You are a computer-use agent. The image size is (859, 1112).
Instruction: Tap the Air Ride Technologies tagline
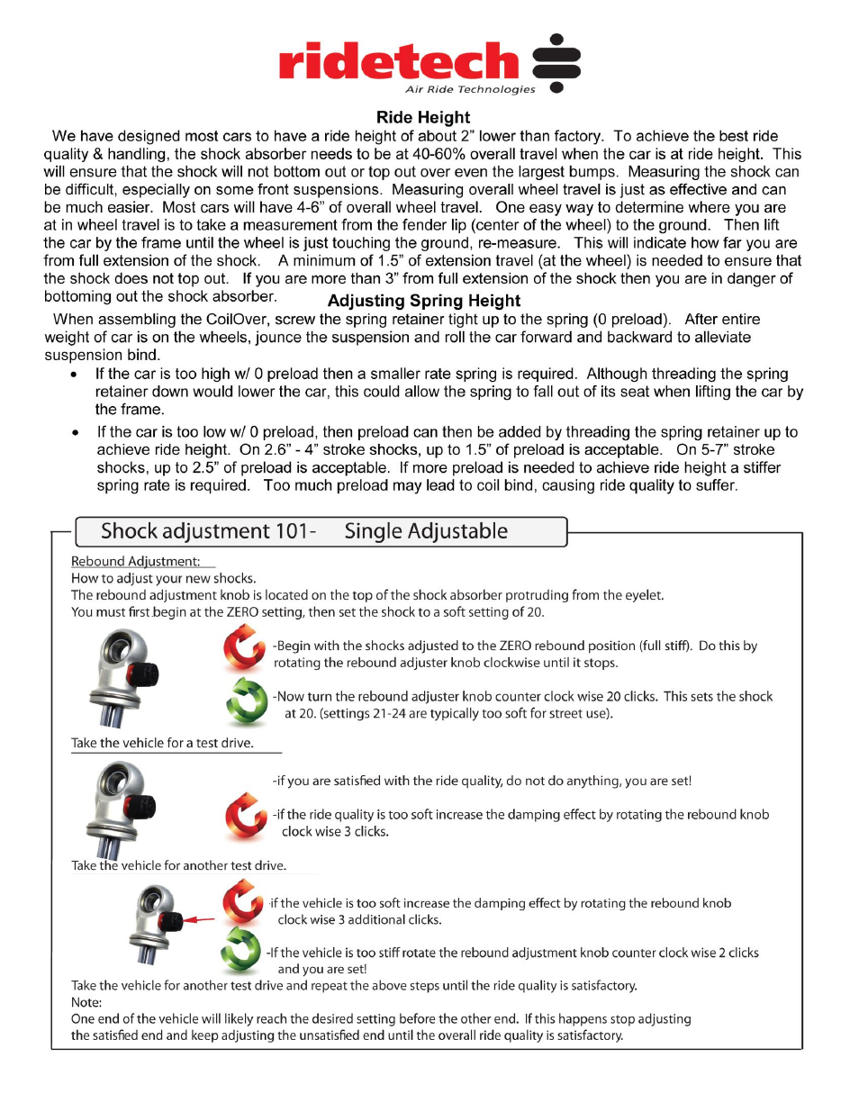click(469, 89)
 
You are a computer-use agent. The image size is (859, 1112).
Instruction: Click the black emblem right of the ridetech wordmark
click(556, 63)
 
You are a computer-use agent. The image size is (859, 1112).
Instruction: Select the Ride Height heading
click(423, 117)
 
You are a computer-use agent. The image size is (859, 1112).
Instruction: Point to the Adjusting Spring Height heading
click(423, 301)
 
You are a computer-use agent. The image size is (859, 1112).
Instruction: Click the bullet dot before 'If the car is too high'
click(75, 375)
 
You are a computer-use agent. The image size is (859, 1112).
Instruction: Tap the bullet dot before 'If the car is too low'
click(75, 433)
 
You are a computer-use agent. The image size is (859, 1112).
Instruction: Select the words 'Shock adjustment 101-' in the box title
click(208, 531)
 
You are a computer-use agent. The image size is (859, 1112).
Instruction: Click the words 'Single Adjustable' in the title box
click(426, 531)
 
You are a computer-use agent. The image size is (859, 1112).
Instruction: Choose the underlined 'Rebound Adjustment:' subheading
click(135, 561)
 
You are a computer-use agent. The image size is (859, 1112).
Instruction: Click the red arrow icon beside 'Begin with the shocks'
click(244, 648)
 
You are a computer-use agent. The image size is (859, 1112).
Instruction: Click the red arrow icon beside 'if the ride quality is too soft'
click(245, 817)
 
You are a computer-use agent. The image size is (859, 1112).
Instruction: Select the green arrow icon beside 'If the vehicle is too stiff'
click(241, 950)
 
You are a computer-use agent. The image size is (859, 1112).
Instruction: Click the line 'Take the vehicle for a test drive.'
click(162, 743)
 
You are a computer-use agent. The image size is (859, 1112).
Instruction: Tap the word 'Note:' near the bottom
click(86, 1002)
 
